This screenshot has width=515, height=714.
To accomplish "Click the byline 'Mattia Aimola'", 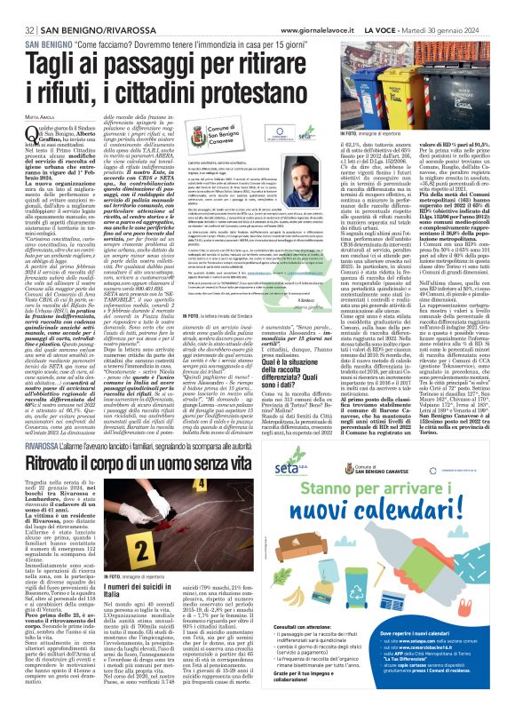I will (35, 119).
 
